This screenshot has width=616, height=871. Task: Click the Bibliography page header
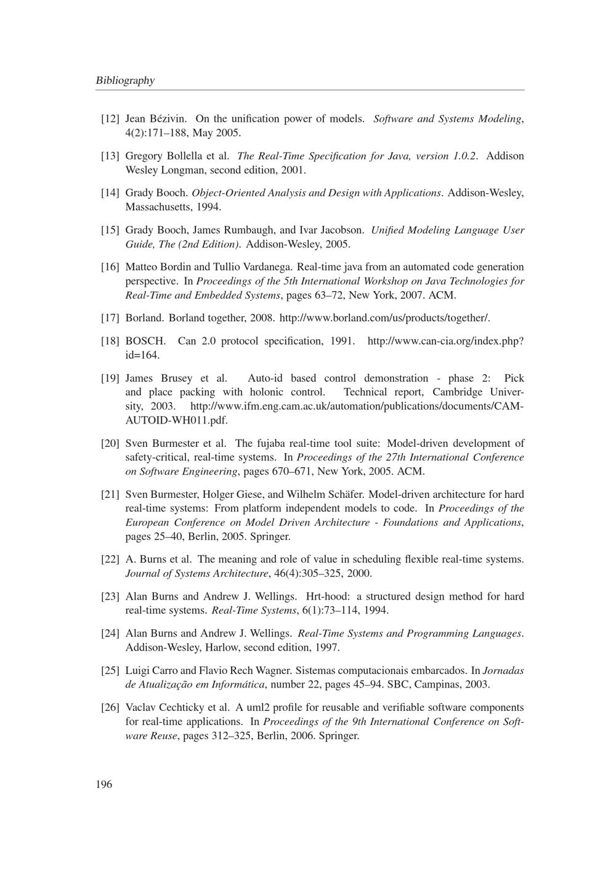click(125, 81)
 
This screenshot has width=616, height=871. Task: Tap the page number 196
click(104, 784)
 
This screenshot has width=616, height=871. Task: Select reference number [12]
click(110, 119)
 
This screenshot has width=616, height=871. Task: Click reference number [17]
click(110, 318)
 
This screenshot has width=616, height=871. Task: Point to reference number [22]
click(110, 560)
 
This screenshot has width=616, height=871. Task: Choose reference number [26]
click(110, 708)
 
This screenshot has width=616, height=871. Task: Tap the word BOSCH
click(145, 341)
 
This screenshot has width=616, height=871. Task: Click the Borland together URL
click(384, 318)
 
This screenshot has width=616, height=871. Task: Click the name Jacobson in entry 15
click(341, 230)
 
